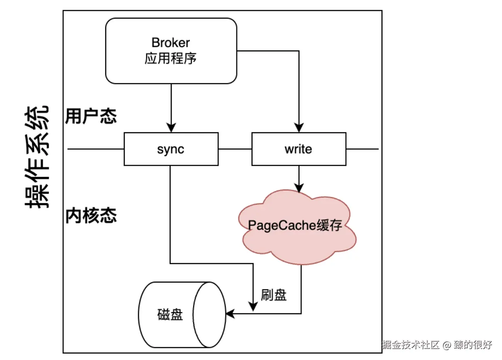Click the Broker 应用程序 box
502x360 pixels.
coord(171,51)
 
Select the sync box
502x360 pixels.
coord(171,149)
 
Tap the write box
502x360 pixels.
coord(299,149)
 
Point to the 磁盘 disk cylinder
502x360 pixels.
coord(170,315)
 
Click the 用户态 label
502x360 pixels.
coord(91,116)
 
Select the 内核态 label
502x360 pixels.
coord(91,216)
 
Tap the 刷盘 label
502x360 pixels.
coord(274,295)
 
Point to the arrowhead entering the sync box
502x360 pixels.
coord(171,128)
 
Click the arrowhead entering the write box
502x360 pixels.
coord(299,128)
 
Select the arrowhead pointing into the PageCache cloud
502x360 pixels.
coord(299,187)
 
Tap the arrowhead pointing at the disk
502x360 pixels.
coord(230,314)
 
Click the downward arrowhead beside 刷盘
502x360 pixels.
coord(253,306)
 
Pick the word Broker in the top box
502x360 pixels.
coord(171,42)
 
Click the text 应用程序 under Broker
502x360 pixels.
coord(171,59)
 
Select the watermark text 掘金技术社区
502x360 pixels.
coord(411,345)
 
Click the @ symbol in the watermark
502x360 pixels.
coord(446,345)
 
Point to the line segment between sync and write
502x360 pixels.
coord(235,149)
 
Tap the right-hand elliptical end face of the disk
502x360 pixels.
coord(209,315)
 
